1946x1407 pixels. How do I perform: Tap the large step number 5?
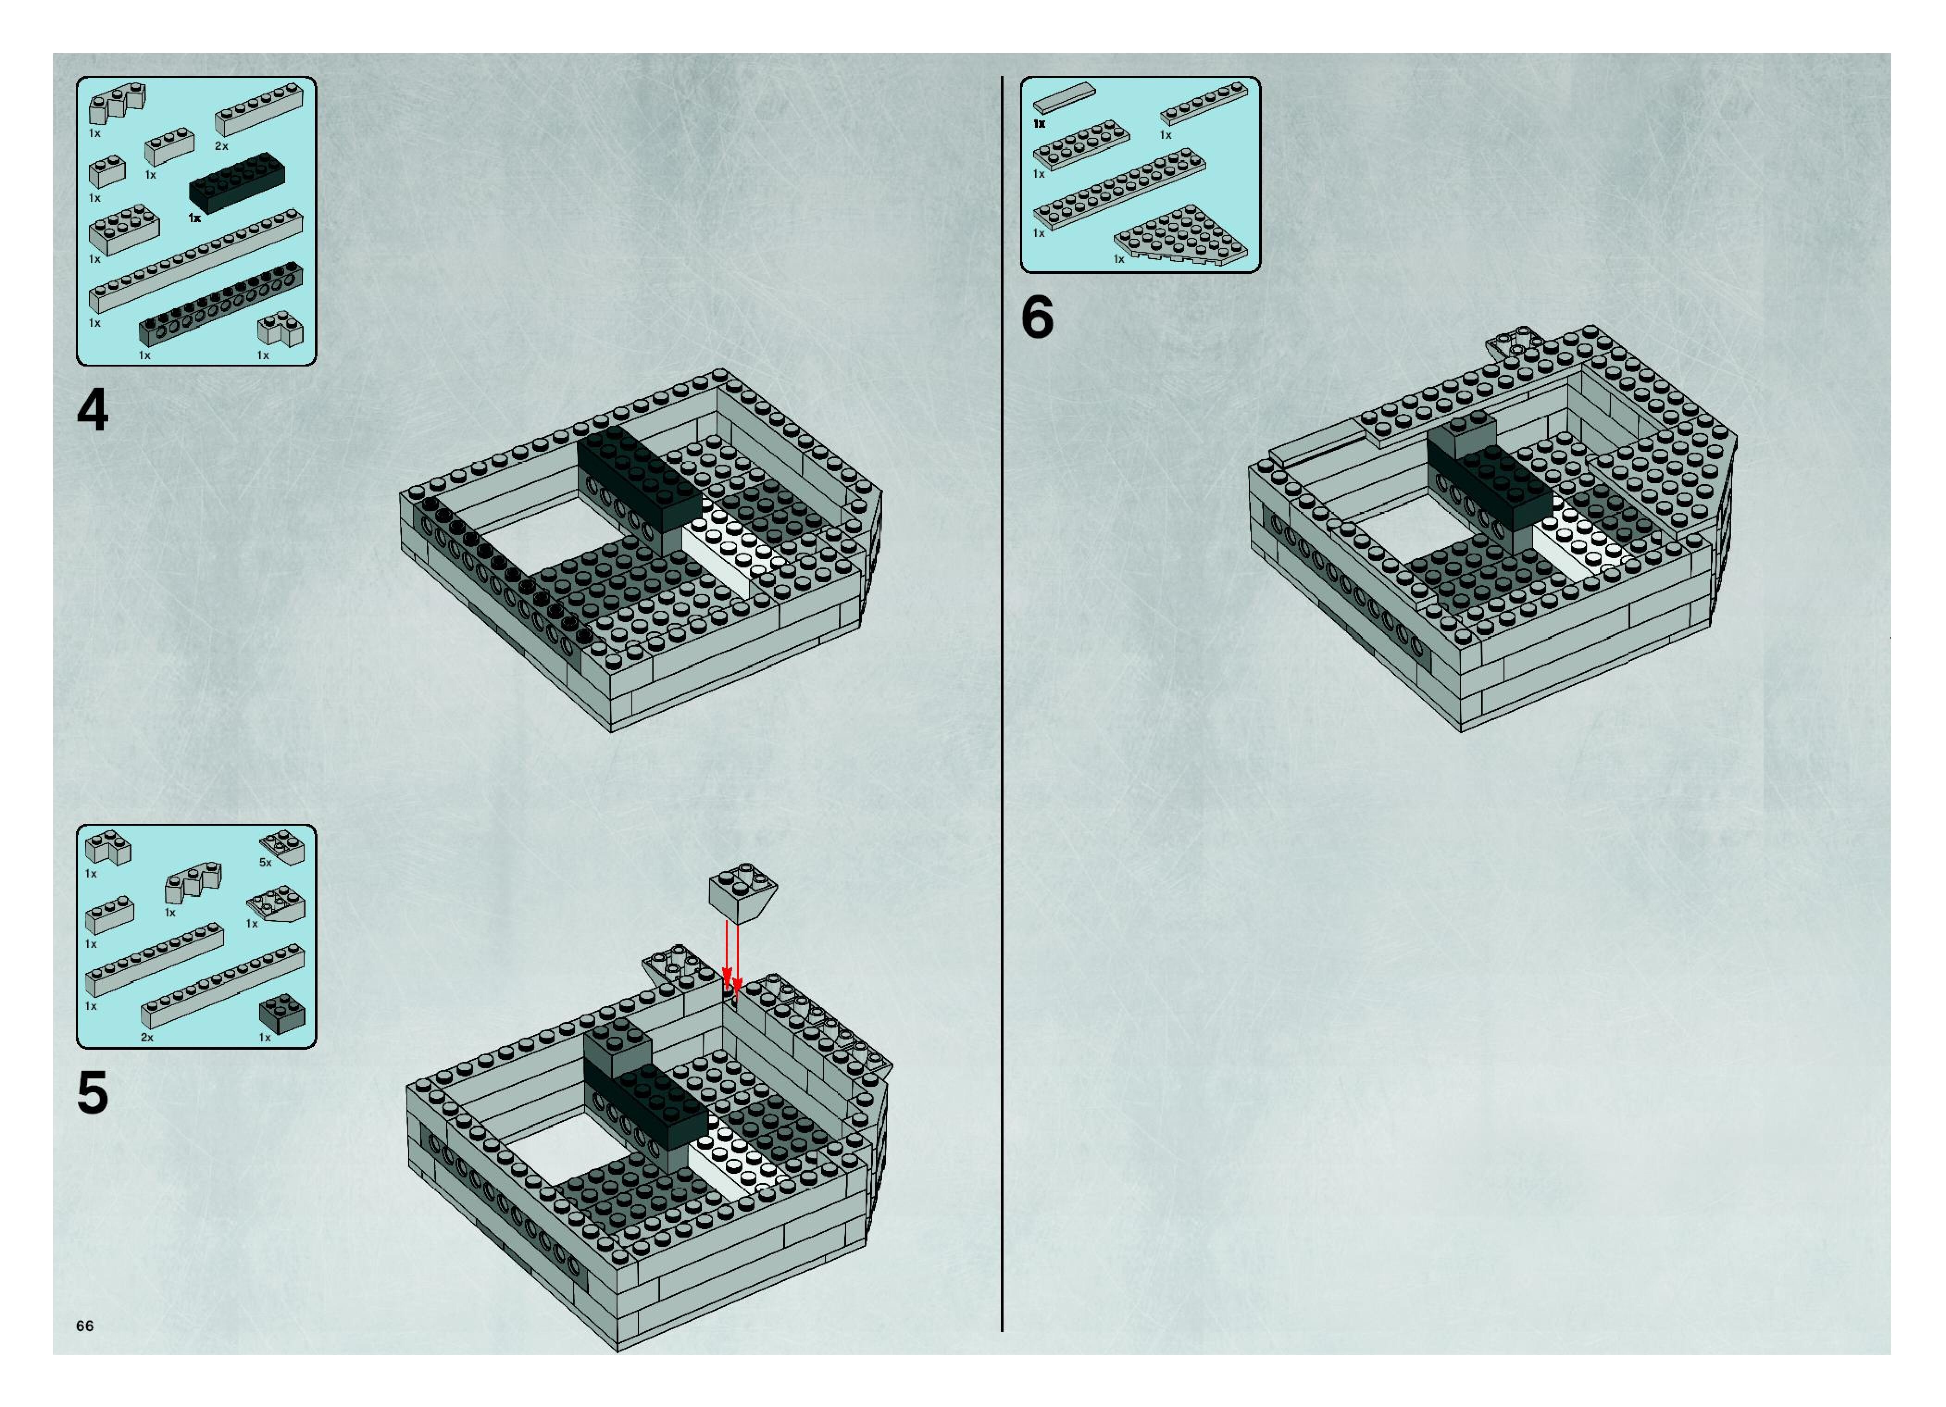point(93,1093)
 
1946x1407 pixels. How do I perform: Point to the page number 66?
point(84,1326)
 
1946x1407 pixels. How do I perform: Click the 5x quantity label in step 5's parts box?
point(265,862)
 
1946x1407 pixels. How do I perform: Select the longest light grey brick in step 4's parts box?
point(196,259)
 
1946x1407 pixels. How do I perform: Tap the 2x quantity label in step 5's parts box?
point(147,1037)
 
